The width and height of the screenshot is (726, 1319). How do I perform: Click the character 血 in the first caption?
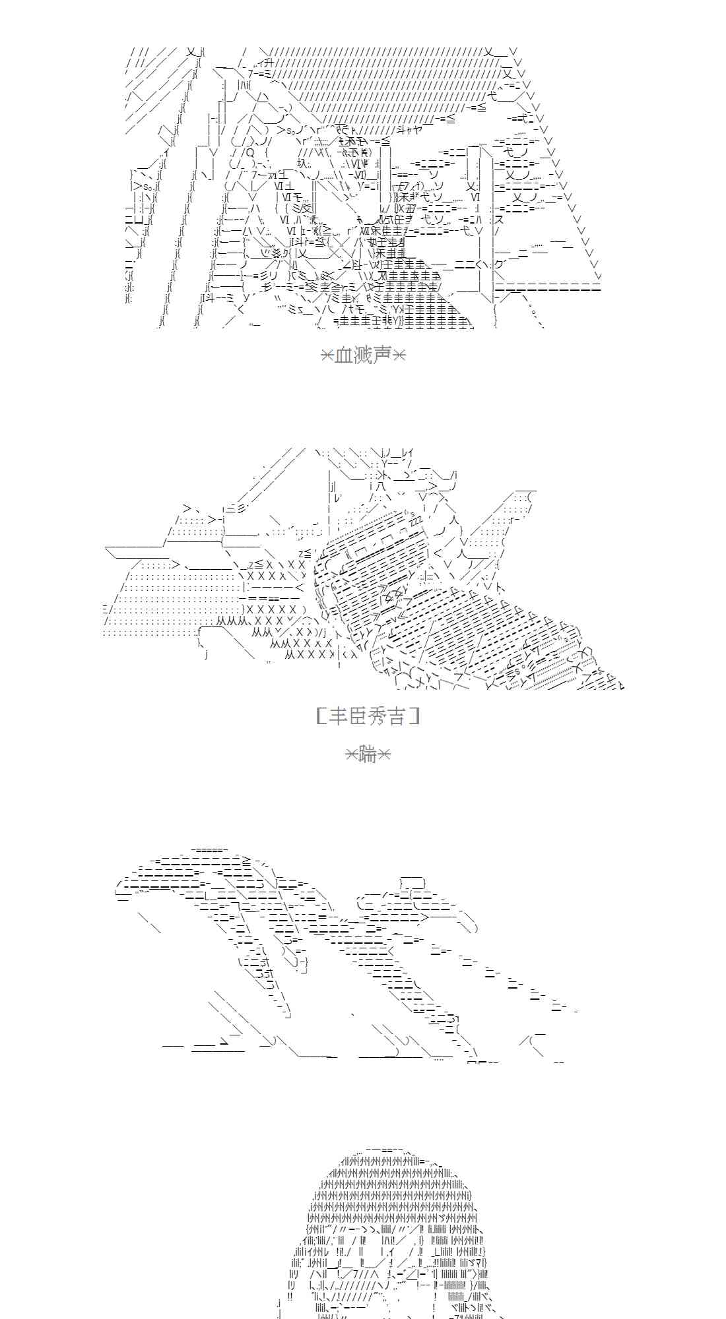[345, 355]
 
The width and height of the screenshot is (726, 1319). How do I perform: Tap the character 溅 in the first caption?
[364, 355]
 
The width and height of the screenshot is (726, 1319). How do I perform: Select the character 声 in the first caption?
[383, 355]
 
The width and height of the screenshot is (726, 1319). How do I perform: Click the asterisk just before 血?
[327, 355]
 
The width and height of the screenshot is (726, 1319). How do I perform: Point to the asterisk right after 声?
[399, 355]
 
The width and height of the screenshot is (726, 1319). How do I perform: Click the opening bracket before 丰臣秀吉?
[320, 716]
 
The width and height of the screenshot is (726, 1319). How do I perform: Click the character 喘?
[368, 754]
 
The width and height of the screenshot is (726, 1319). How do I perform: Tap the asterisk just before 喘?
[353, 754]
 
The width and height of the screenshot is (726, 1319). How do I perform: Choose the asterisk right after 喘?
[384, 754]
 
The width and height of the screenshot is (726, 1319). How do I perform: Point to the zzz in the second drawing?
[416, 518]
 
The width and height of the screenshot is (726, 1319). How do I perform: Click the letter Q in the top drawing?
[250, 153]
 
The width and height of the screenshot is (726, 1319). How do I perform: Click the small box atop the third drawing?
[412, 883]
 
